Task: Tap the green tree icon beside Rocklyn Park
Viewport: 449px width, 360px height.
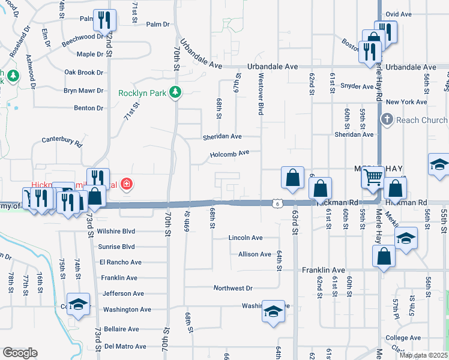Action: [175, 92]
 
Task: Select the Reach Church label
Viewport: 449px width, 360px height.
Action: [422, 120]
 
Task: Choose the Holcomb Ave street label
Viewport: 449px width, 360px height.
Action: [229, 154]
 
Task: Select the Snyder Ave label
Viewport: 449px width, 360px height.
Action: [357, 86]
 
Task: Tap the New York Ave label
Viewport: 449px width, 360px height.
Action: [406, 102]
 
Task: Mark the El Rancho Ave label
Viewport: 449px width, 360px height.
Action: [121, 262]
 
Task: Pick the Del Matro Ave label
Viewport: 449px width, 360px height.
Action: [125, 346]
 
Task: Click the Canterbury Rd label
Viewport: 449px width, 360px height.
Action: [62, 141]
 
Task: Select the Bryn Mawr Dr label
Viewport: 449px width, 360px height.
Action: [83, 91]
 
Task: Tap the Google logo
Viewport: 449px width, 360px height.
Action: [20, 353]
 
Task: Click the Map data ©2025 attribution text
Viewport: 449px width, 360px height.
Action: [423, 355]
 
